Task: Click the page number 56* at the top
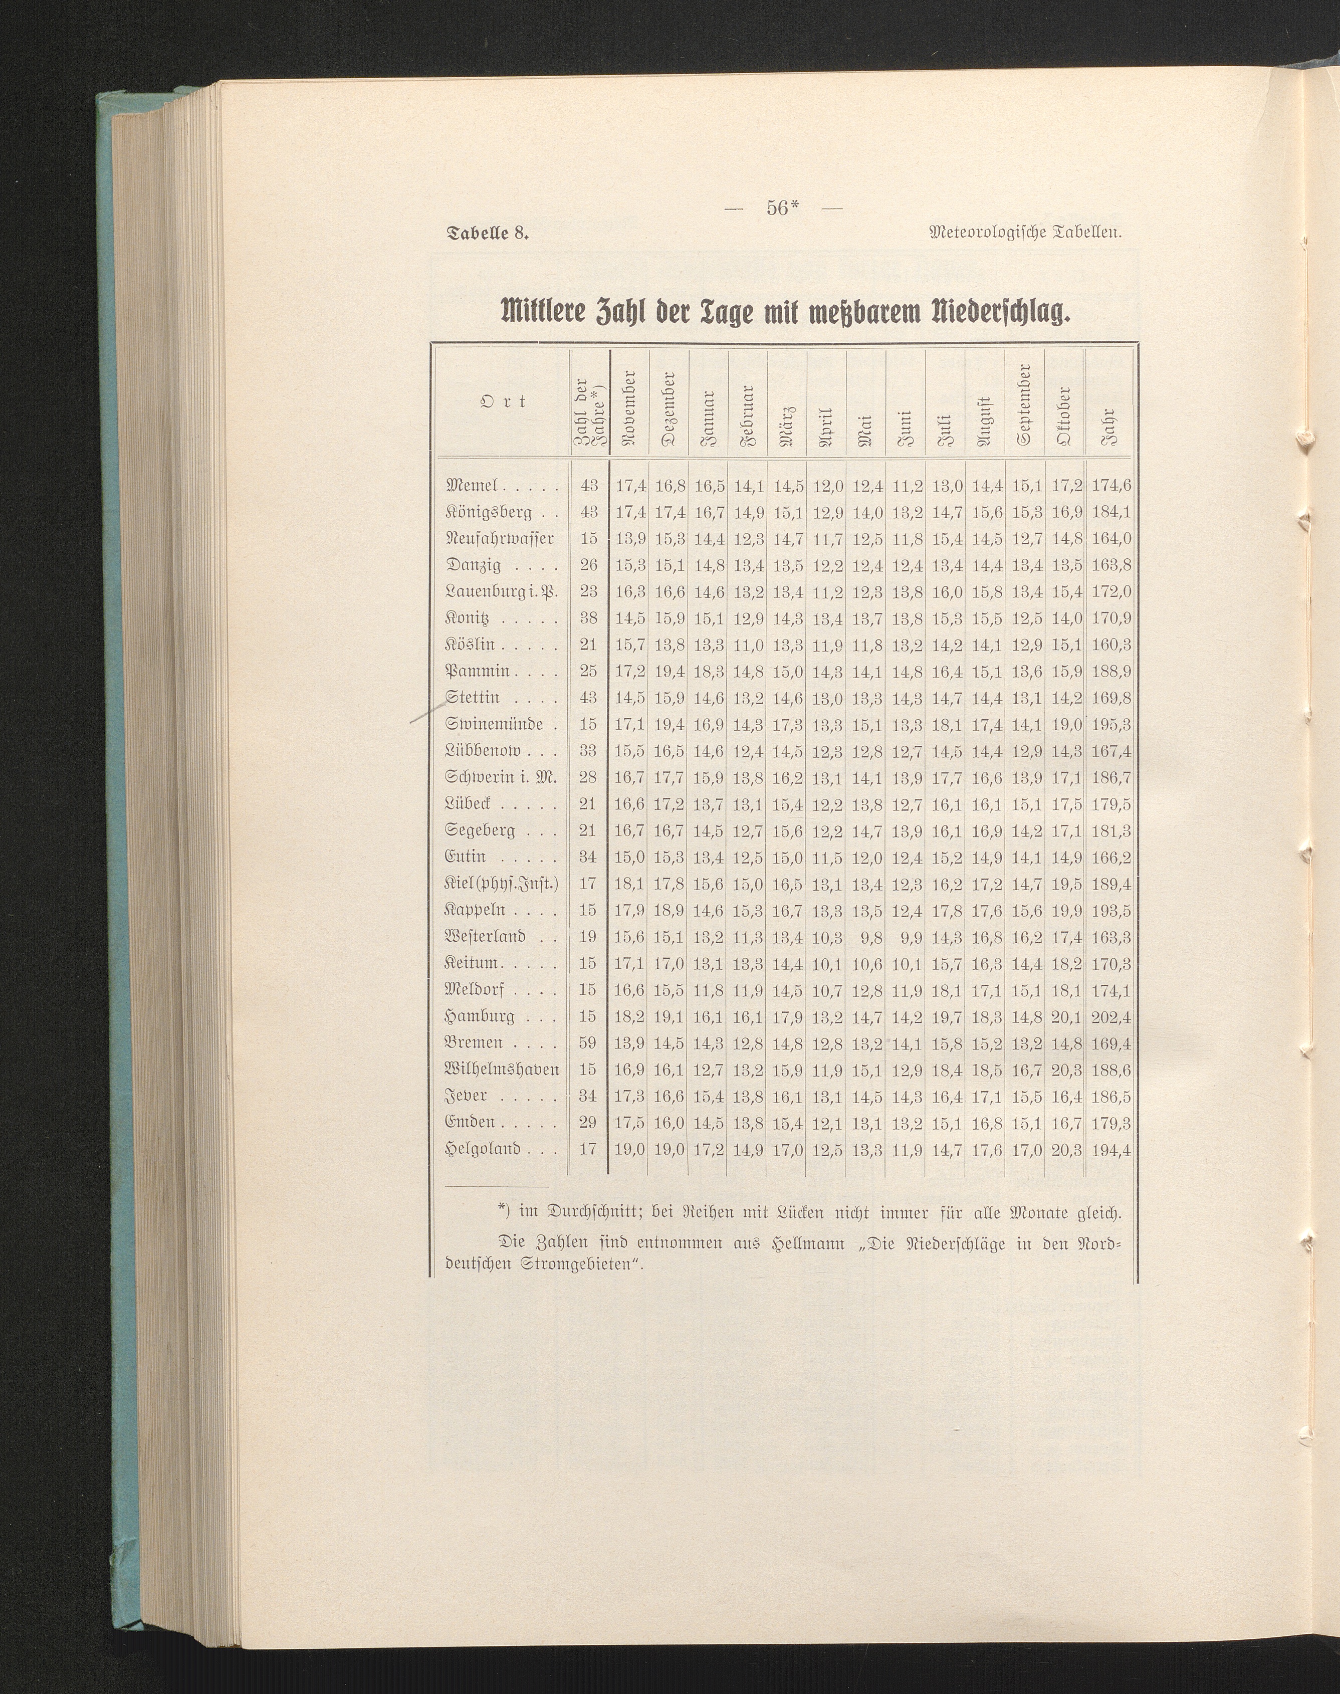click(x=781, y=208)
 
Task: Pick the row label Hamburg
click(x=480, y=1017)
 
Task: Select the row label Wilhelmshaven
click(x=501, y=1070)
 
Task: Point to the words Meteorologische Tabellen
click(x=1027, y=233)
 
